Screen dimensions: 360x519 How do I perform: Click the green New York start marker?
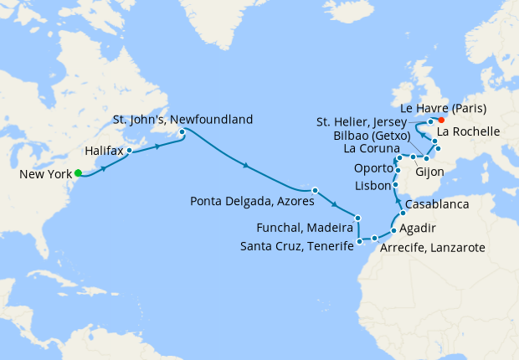[x=78, y=173]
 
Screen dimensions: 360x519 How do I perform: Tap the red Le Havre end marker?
[x=441, y=120]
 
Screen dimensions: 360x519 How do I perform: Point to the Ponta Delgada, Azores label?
[x=251, y=201]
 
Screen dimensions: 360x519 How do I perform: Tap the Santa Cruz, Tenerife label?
[x=296, y=246]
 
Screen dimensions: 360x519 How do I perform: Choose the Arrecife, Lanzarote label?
[x=432, y=248]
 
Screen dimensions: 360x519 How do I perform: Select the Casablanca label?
[x=436, y=205]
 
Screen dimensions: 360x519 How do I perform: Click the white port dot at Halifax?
[x=129, y=152]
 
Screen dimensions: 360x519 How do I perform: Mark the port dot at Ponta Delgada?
[x=315, y=190]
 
